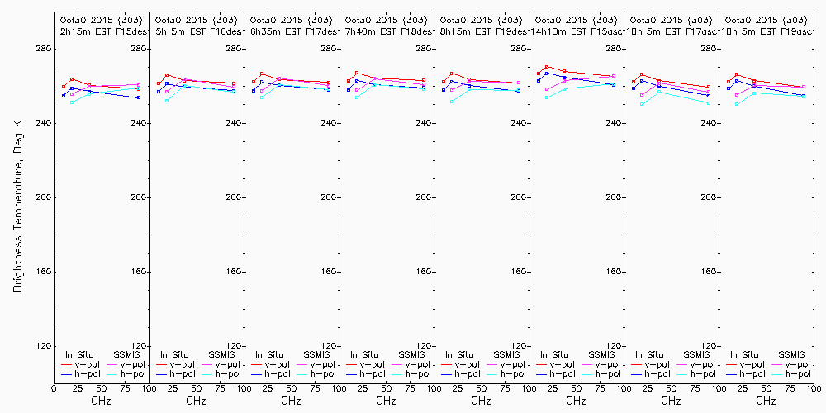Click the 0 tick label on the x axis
click(x=54, y=387)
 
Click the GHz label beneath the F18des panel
click(x=386, y=401)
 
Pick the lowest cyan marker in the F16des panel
click(x=167, y=100)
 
